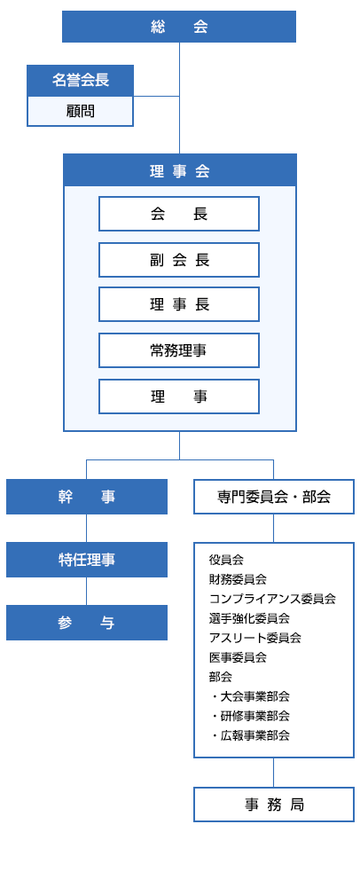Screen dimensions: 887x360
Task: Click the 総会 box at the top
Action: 179,27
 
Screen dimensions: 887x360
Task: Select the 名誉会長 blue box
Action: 80,80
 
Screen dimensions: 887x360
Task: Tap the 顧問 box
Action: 80,111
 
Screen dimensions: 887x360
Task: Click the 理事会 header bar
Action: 179,170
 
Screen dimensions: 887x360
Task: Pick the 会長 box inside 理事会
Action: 179,214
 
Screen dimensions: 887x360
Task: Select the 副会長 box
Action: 179,260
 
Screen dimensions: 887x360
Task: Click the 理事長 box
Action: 179,304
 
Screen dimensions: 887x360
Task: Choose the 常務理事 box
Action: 179,350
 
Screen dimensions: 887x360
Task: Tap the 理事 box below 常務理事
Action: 179,396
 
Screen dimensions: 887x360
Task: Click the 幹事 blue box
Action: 87,497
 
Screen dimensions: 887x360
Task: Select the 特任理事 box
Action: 87,560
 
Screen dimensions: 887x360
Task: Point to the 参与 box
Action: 87,623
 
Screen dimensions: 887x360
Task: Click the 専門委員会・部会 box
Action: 273,497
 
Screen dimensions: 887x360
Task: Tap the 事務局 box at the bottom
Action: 273,805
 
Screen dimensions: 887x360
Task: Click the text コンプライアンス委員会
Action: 272,599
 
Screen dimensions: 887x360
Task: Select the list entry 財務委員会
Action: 238,579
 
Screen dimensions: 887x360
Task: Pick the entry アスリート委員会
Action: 254,638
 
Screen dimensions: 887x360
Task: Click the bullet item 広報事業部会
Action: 254,735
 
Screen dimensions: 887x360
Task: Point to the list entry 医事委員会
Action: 238,657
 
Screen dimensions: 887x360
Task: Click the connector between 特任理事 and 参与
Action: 86,591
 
